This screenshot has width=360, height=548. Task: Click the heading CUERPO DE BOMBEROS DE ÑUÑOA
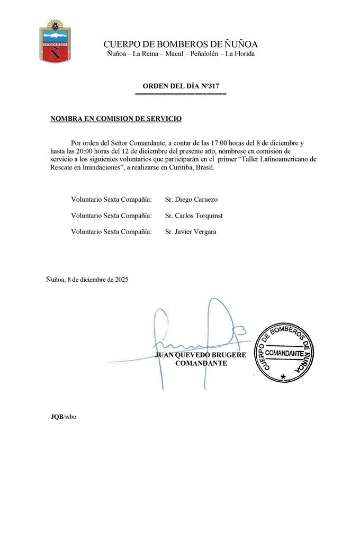(181, 44)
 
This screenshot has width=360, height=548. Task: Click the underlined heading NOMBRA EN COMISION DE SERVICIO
(116, 119)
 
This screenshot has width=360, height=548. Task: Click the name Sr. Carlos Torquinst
(194, 215)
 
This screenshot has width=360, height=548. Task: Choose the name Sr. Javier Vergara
(191, 231)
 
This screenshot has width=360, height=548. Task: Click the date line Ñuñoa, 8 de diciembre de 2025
(87, 279)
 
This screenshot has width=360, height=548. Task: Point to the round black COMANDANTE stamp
(284, 352)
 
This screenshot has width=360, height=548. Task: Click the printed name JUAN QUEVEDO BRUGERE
(200, 355)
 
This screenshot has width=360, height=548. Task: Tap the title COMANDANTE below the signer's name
(201, 363)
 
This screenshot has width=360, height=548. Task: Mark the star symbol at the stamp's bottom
(284, 376)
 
